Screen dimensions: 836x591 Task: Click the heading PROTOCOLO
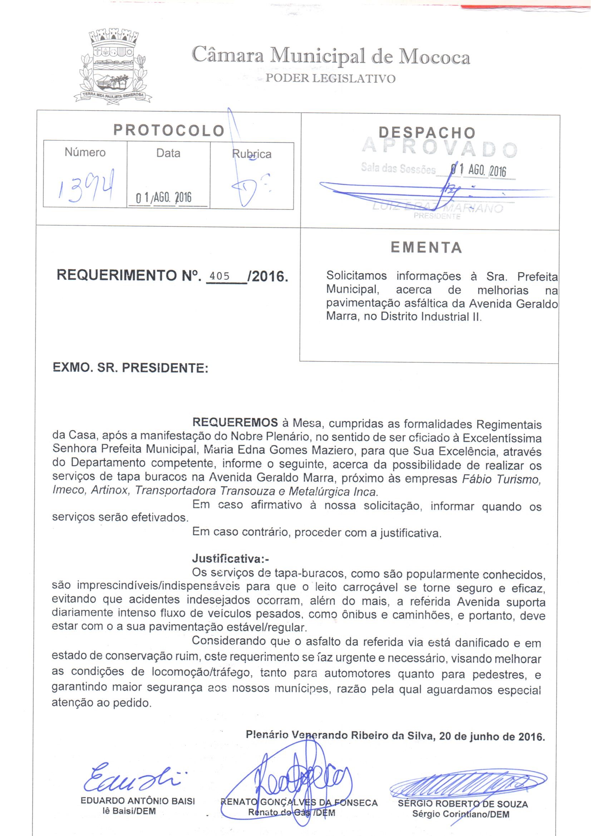coord(169,131)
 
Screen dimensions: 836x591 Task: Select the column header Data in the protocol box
coord(168,153)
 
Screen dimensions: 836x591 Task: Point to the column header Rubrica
coord(252,154)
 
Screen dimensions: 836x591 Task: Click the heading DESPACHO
coord(427,133)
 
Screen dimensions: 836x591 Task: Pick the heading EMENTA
coord(427,248)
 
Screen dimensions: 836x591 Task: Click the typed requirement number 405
coord(220,276)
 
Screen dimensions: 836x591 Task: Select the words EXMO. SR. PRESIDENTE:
coord(130,368)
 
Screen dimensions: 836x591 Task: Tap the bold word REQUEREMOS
coord(235,422)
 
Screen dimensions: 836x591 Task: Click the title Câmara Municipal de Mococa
coord(331,56)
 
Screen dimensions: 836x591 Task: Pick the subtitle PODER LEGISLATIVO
coord(330,78)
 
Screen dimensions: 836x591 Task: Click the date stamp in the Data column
coord(163,198)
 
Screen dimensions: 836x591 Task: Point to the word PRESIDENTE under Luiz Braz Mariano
coord(437,217)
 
